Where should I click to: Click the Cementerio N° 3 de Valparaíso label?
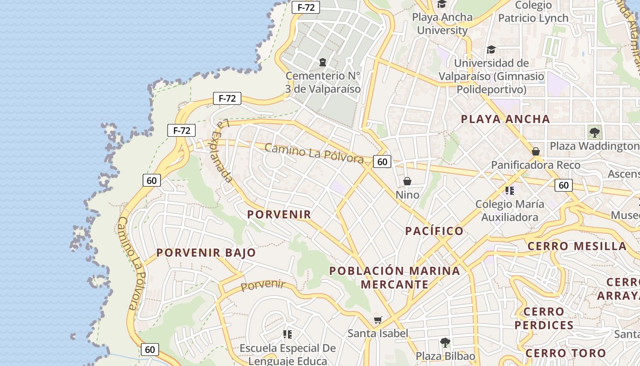point(323,82)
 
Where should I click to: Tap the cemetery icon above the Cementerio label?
point(323,62)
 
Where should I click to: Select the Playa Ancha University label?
point(443,24)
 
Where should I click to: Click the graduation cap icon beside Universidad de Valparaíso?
point(491,49)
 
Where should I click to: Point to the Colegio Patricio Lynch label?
point(533,12)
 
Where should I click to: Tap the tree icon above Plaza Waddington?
point(594,133)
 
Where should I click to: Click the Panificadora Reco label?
point(536,165)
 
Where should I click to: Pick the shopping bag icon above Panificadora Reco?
point(536,151)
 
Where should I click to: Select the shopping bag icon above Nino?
point(407,181)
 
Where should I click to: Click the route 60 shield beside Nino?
point(382,161)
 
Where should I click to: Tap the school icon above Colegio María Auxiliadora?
point(510,190)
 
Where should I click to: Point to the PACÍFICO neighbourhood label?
point(434,231)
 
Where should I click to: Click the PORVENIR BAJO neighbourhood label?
point(206,253)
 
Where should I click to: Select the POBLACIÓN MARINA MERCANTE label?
point(395,277)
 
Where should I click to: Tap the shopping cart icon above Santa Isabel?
point(378,320)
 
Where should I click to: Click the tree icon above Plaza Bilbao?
point(445,342)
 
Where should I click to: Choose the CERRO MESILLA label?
point(577,246)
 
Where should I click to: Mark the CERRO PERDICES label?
point(544,318)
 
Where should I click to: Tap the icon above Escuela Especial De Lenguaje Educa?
point(288,334)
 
